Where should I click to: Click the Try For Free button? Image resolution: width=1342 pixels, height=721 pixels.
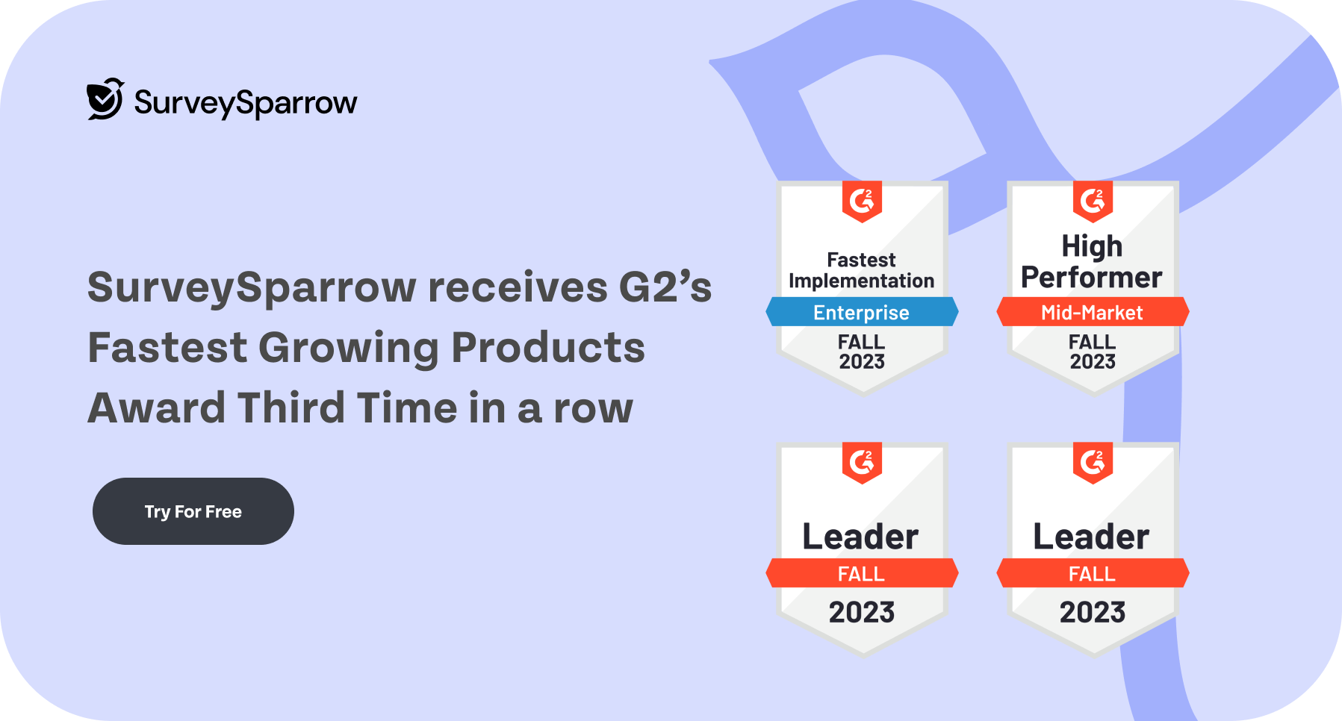[193, 511]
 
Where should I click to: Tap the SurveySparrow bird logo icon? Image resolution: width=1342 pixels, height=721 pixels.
[105, 99]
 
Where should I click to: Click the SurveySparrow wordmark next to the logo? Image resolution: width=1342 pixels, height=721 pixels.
[246, 103]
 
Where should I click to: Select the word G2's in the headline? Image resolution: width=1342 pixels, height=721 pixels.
[665, 287]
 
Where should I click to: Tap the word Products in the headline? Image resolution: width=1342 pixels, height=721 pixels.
[548, 348]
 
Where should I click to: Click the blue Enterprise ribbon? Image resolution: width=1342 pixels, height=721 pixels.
[862, 312]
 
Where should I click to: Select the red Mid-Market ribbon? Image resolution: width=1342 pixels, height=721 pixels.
[1093, 312]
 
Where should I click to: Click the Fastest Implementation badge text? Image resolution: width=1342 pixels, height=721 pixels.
[862, 270]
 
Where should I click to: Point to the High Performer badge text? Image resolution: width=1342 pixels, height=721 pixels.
[1092, 262]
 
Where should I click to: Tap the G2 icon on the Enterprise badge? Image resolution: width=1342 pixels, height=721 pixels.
[862, 202]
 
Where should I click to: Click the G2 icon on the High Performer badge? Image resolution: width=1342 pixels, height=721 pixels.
[1093, 202]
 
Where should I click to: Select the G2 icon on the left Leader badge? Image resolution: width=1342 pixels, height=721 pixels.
[862, 463]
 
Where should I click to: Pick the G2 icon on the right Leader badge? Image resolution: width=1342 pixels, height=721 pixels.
[1093, 463]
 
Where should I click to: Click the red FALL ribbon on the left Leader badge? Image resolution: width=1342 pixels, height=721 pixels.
[862, 573]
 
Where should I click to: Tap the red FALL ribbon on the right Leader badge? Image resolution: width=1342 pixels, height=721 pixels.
[1093, 573]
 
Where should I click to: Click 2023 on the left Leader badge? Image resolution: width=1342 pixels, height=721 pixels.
[862, 612]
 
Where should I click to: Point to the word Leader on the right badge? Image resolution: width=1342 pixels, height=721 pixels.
[1092, 537]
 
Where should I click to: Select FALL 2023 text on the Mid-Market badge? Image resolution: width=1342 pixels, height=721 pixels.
[1093, 352]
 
